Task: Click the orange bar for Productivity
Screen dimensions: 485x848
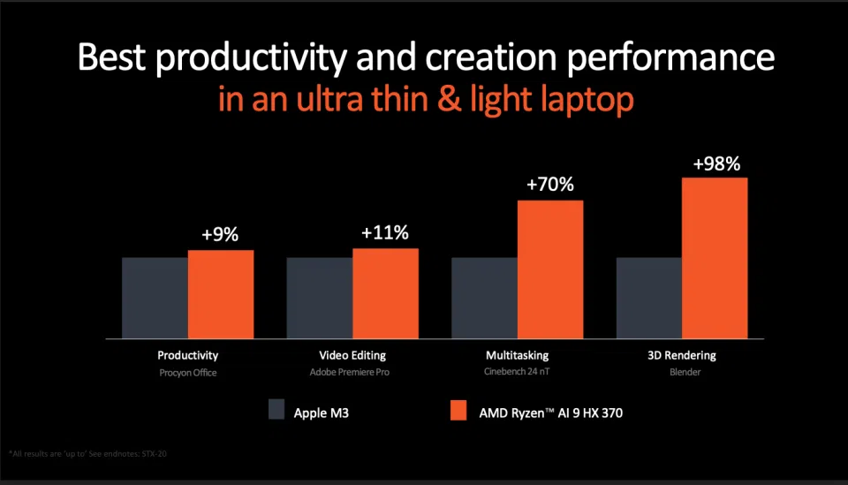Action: [221, 294]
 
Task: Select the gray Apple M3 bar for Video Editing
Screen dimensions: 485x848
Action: [319, 298]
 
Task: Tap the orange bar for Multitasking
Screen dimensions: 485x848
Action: [550, 269]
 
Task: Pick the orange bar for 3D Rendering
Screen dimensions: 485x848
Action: [715, 258]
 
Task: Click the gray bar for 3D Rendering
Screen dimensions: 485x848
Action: [648, 298]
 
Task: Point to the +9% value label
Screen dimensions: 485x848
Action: [220, 235]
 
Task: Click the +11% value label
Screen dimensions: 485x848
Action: [385, 233]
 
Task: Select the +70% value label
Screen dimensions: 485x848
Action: [549, 185]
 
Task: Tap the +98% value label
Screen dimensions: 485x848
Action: [715, 163]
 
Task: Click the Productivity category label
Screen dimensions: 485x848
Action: [187, 355]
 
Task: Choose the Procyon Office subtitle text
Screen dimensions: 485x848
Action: [187, 372]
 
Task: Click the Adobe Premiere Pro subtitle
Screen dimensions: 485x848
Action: [352, 372]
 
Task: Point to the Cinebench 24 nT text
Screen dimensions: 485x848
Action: [517, 372]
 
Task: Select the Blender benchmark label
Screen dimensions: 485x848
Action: [681, 372]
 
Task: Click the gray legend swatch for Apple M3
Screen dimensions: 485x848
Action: [276, 410]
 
